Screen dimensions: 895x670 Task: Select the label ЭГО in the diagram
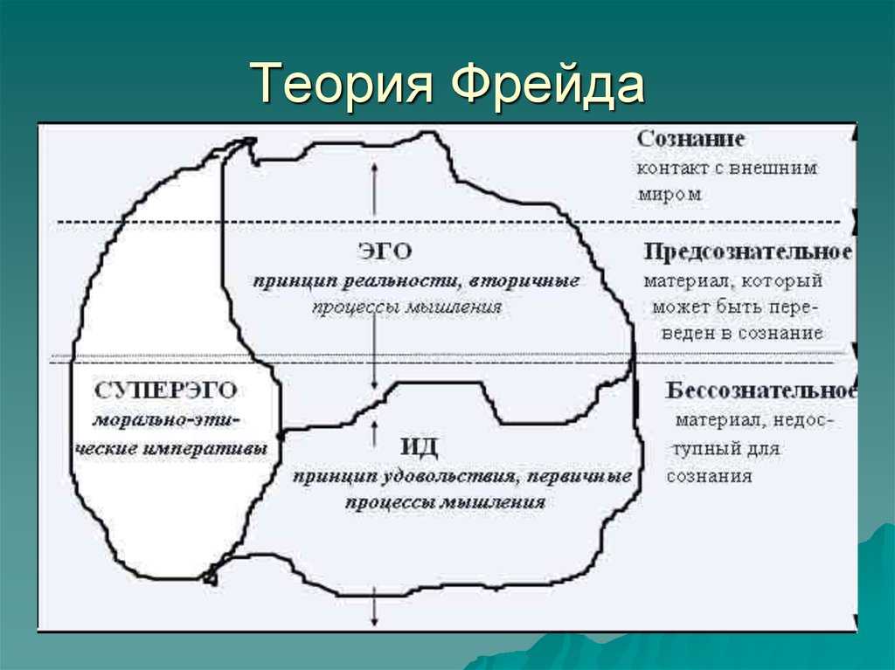(385, 252)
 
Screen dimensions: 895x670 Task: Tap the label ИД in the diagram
(420, 446)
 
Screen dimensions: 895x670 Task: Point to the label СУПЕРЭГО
(165, 391)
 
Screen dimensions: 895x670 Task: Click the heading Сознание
(690, 139)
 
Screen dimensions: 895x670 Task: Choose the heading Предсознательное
(748, 252)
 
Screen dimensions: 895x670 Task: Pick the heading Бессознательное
(761, 390)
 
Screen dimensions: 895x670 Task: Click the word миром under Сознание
(670, 195)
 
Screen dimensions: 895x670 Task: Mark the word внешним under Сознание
(765, 169)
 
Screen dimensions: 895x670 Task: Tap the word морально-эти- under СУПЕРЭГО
(166, 420)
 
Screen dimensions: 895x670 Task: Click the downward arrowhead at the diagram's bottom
(374, 621)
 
